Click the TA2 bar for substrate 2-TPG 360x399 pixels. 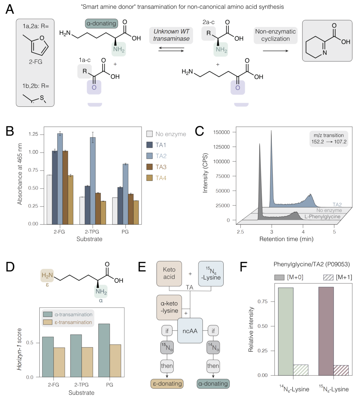coord(93,180)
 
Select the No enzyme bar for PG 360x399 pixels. coord(115,211)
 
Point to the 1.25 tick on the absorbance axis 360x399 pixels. coord(33,134)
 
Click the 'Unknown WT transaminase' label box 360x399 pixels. coord(171,35)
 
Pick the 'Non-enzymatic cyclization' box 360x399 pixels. coord(275,35)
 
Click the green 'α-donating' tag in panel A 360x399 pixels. coord(101,23)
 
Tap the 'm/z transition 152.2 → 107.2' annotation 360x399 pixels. coord(328,138)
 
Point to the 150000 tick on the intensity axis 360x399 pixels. coord(221,132)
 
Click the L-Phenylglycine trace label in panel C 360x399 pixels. coord(322,217)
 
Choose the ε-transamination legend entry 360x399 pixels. coord(68,322)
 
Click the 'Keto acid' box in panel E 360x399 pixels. coord(169,273)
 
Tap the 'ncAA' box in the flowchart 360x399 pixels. coord(190,331)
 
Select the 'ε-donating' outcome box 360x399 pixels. coord(167,384)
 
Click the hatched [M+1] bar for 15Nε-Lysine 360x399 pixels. coord(341,370)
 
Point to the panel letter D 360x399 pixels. coord(10,267)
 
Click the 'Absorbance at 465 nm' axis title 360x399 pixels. coord(20,174)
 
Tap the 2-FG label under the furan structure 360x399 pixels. coord(35,62)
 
